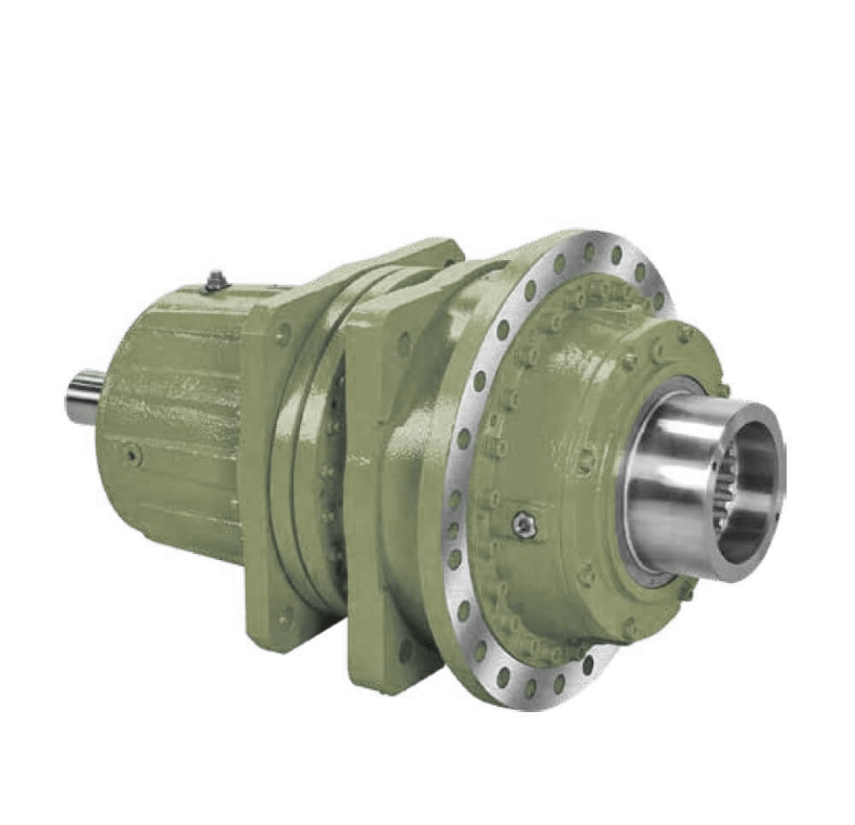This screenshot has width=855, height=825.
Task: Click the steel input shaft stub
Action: click(x=85, y=397)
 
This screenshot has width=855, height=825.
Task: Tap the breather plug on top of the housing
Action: click(x=215, y=280)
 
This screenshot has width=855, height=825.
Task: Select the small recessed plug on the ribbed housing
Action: click(x=132, y=454)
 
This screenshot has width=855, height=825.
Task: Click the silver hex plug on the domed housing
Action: click(x=524, y=525)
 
